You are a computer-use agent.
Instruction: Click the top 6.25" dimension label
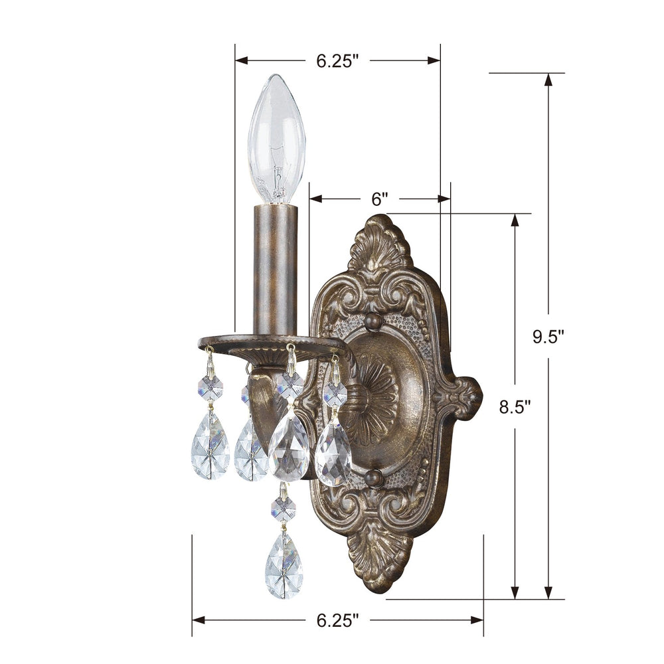pos(337,61)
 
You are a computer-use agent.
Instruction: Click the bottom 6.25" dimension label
pos(337,621)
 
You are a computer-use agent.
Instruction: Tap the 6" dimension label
pos(379,199)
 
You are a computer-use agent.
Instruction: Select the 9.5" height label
pos(548,337)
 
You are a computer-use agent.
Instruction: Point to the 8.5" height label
pos(516,407)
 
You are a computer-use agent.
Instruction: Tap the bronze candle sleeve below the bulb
pos(274,269)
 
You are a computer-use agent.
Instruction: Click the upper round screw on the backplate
pos(373,322)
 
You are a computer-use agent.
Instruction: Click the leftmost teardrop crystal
pos(210,446)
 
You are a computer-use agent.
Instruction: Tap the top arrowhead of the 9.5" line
pos(548,80)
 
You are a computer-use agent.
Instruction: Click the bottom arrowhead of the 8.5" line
pos(515,592)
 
